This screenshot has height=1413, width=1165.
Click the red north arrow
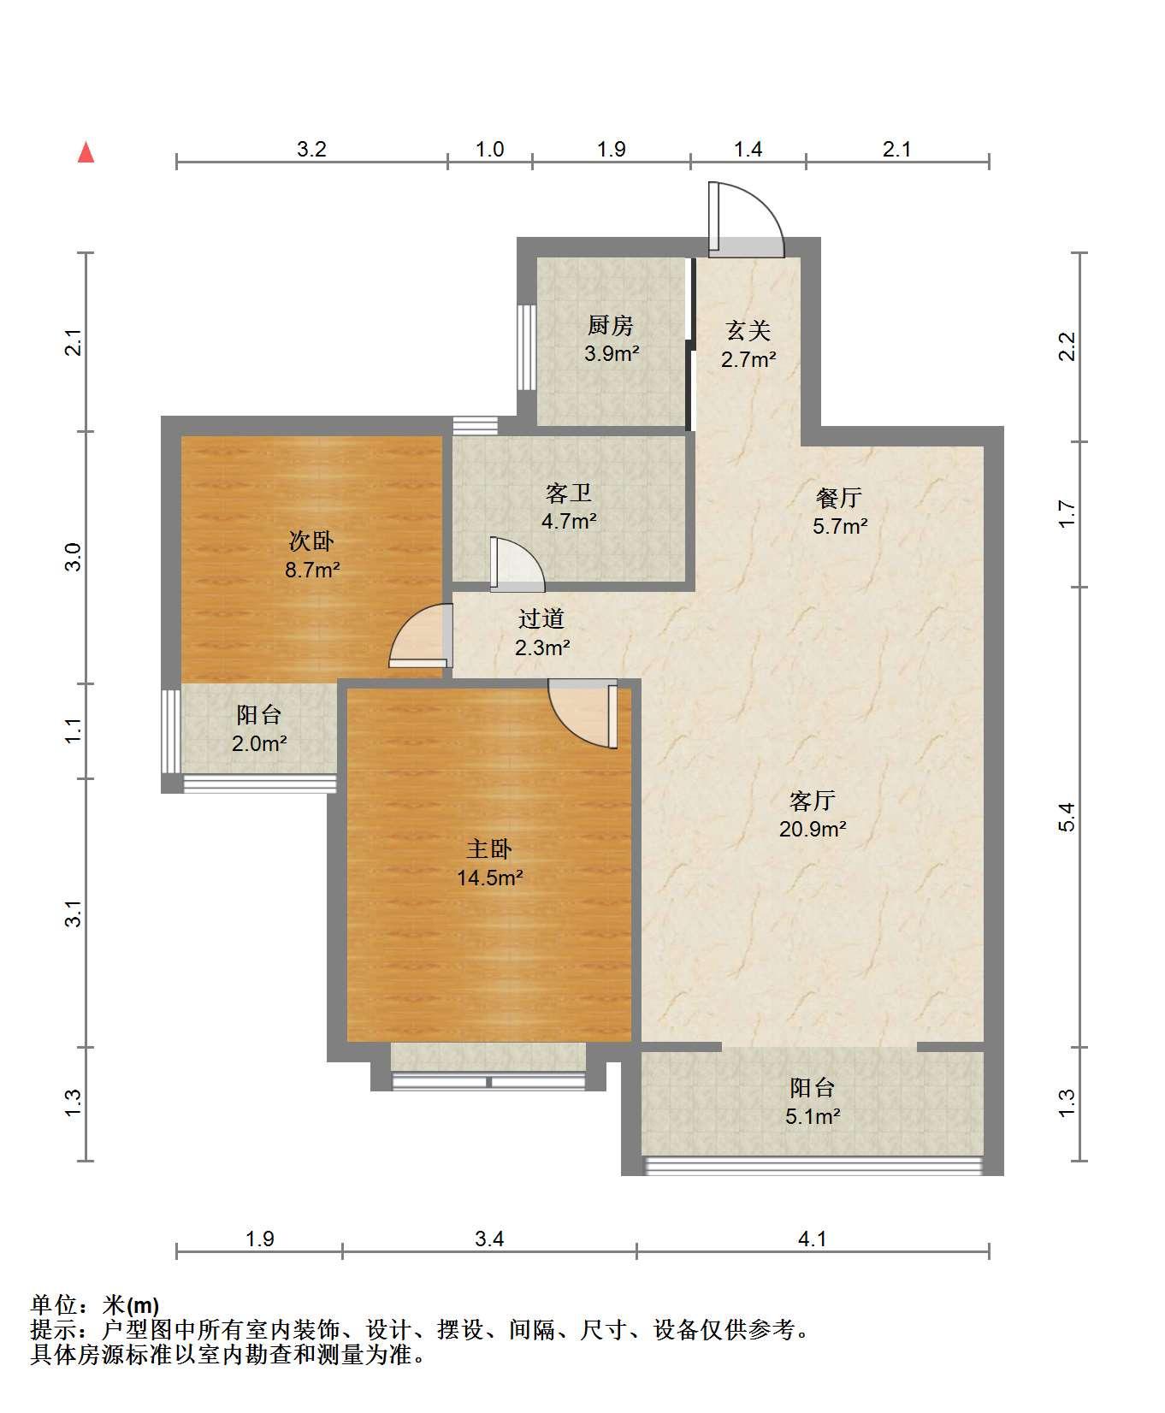pos(86,152)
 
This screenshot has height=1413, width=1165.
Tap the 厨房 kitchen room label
pos(611,326)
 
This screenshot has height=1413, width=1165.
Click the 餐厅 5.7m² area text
pos(840,526)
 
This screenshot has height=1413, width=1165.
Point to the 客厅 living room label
pos(813,801)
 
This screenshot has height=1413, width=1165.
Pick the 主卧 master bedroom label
pos(489,849)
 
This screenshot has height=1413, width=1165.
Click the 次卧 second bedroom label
pos(311,541)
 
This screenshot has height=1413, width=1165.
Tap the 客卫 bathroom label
pos(569,493)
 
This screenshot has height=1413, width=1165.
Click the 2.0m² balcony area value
pos(259,743)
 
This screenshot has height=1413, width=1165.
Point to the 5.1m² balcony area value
pos(813,1116)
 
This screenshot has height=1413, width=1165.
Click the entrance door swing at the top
pos(745,219)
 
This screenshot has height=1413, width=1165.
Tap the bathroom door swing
pos(517,564)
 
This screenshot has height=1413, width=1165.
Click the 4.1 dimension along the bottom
pos(813,1238)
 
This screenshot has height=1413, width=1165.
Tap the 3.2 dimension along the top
pos(311,149)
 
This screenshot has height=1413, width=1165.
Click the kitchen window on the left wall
pos(527,347)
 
